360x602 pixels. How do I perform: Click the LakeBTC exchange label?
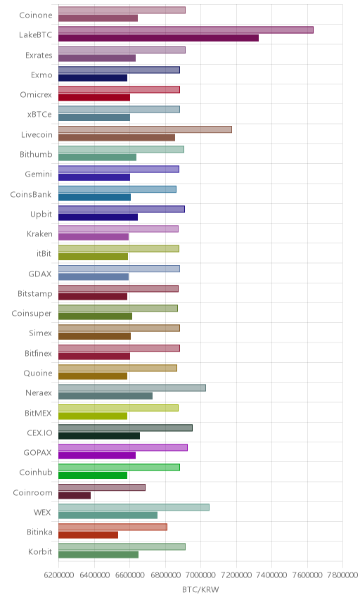pyautogui.click(x=35, y=35)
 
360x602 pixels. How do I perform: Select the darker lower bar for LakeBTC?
pyautogui.click(x=158, y=38)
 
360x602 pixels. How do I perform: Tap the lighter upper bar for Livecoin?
pyautogui.click(x=145, y=129)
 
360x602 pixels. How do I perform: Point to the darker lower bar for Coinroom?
pyautogui.click(x=75, y=495)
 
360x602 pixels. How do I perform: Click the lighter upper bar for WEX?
pyautogui.click(x=134, y=507)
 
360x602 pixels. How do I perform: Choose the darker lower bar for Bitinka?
pyautogui.click(x=89, y=534)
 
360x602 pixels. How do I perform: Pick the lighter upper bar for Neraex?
pyautogui.click(x=132, y=388)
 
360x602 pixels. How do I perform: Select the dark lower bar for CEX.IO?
pyautogui.click(x=99, y=436)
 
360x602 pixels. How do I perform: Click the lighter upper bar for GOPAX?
pyautogui.click(x=123, y=448)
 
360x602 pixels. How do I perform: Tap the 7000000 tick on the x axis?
pyautogui.click(x=200, y=575)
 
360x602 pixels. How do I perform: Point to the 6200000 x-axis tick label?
pyautogui.click(x=59, y=575)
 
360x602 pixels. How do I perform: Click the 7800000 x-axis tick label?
pyautogui.click(x=342, y=575)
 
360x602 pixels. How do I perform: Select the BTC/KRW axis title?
pyautogui.click(x=200, y=590)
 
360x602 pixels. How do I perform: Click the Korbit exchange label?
pyautogui.click(x=40, y=551)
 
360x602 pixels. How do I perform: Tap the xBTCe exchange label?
pyautogui.click(x=39, y=115)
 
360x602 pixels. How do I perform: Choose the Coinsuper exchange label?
pyautogui.click(x=32, y=313)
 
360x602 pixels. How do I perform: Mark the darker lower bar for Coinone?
pyautogui.click(x=98, y=18)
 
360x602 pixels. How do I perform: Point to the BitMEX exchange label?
pyautogui.click(x=38, y=413)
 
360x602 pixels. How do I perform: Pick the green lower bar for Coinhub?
pyautogui.click(x=93, y=475)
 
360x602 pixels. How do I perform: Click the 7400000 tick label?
pyautogui.click(x=271, y=575)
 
